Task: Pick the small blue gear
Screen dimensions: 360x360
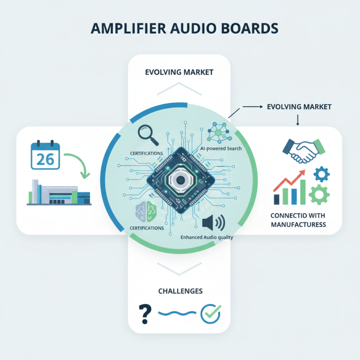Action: (x=321, y=174)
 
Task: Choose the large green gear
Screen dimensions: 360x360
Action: (x=319, y=194)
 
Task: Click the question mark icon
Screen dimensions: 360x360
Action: (x=144, y=314)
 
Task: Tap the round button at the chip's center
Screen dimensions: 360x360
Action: (x=180, y=180)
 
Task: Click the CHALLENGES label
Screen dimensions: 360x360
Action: (x=180, y=291)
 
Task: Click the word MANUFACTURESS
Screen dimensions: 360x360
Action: (x=299, y=224)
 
